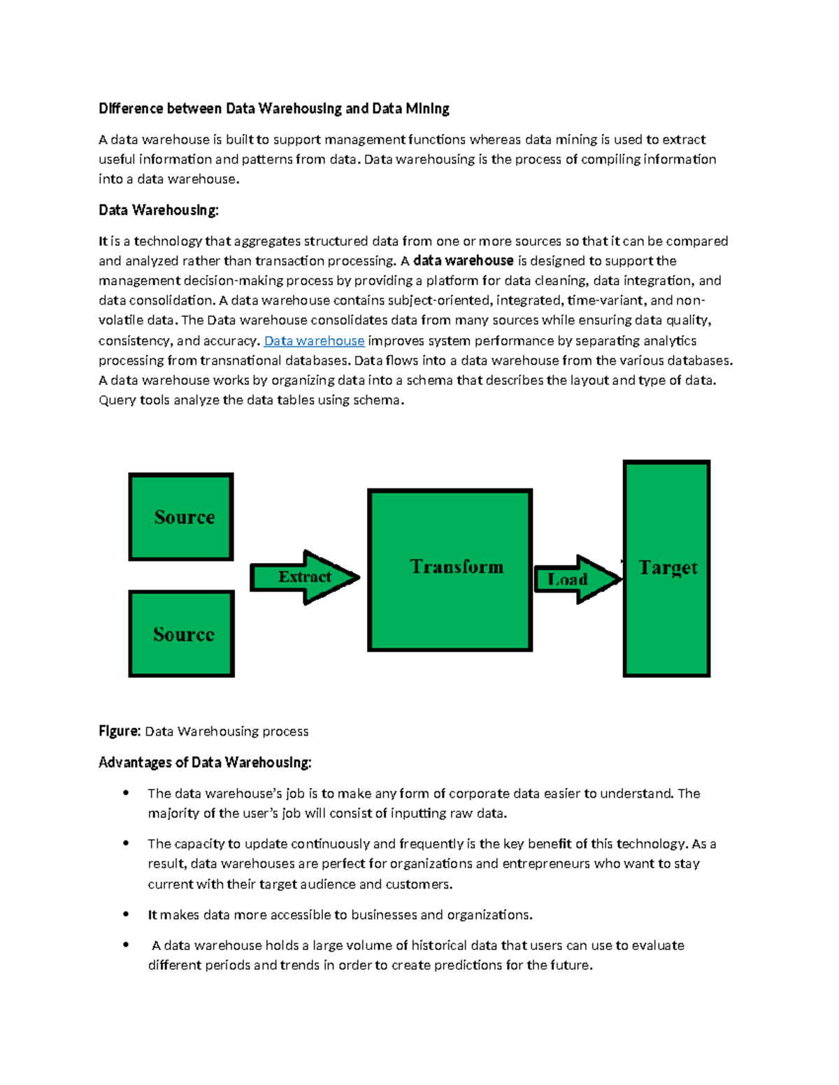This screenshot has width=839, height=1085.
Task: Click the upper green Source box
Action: coord(181,517)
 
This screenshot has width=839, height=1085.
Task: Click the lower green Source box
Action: coord(182,634)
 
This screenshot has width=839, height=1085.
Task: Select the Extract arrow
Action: coord(304,577)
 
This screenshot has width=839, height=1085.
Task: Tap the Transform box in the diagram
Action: coord(450,570)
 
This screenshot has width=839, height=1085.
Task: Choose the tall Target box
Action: coord(666,569)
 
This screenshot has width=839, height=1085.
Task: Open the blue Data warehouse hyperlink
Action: coord(314,341)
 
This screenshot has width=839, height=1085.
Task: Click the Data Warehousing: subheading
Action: coord(159,210)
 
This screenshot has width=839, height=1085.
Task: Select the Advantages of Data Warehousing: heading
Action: coord(205,762)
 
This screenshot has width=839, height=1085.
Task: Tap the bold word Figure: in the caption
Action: coord(120,731)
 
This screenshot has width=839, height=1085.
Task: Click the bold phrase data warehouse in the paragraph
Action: coord(464,261)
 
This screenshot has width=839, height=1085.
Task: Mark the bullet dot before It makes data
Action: coord(126,914)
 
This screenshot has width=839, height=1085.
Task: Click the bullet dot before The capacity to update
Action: coord(126,843)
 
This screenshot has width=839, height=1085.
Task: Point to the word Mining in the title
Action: coord(428,108)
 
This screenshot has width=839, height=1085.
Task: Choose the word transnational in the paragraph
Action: coord(240,361)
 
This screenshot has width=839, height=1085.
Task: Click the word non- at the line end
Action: coord(692,300)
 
